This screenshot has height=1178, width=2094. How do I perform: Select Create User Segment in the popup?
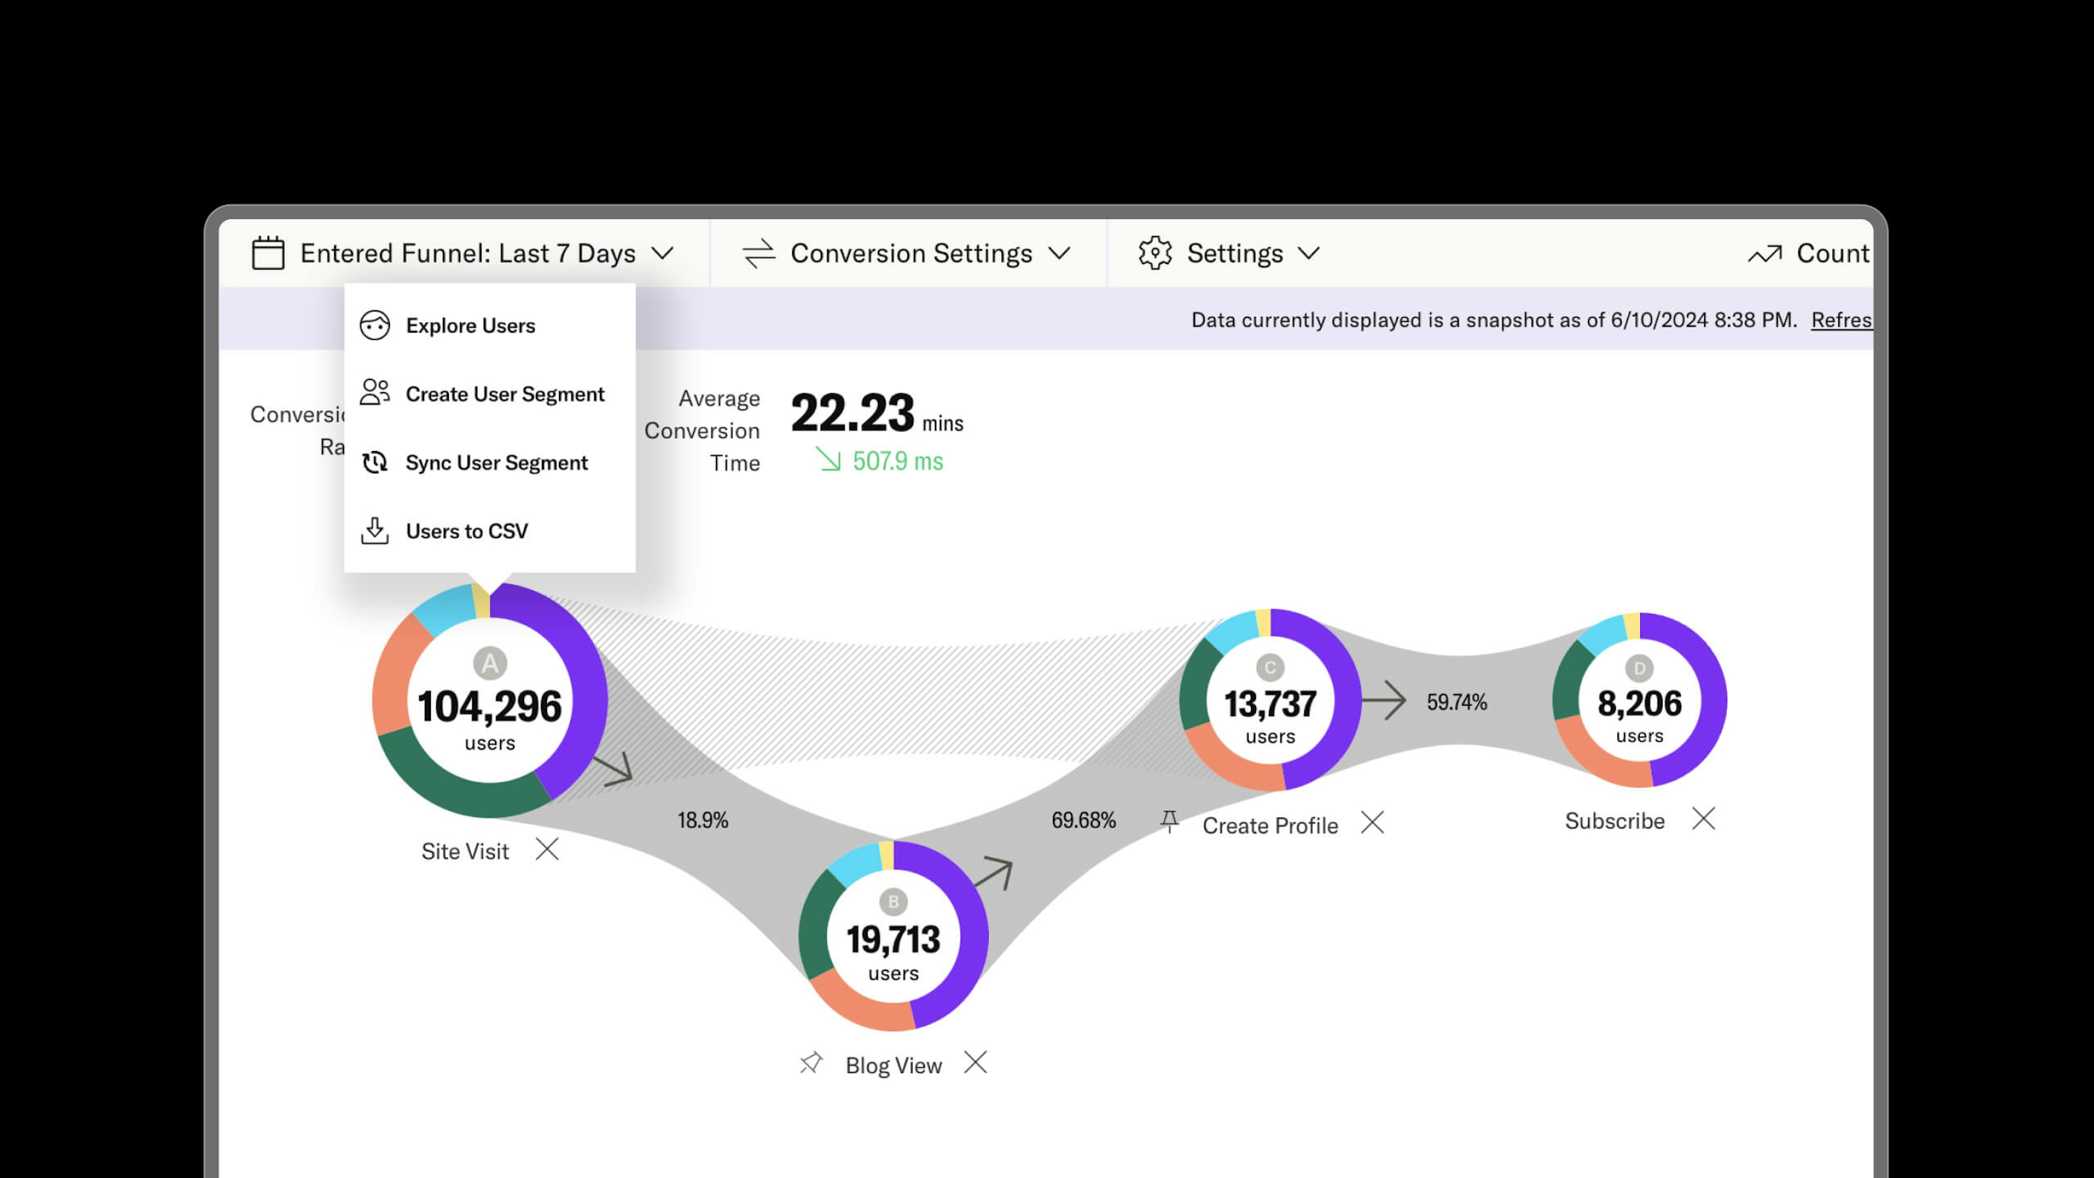[x=504, y=394]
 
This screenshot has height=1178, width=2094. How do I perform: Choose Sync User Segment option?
[x=496, y=462]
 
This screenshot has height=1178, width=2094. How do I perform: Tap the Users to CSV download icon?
[x=375, y=531]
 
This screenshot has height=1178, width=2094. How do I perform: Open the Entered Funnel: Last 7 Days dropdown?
[x=467, y=254]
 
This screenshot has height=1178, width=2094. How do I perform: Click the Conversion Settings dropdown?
[x=911, y=254]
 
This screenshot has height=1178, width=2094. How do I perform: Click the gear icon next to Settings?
[x=1155, y=254]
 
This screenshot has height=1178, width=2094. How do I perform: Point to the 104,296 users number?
[x=489, y=706]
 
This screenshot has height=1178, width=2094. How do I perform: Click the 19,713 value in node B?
[x=893, y=940]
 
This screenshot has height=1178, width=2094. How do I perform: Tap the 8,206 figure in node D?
[x=1639, y=703]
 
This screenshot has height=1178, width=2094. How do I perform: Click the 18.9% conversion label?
[x=703, y=820]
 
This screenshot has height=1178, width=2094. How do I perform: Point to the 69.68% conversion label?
[x=1084, y=820]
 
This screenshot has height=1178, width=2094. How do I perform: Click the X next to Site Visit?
[x=547, y=850]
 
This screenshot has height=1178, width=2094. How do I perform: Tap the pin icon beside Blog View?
[x=810, y=1063]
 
